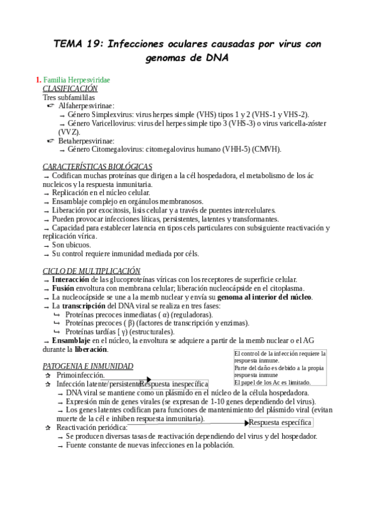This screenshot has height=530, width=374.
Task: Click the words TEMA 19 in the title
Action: pyautogui.click(x=76, y=44)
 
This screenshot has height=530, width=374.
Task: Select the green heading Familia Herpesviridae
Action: pyautogui.click(x=77, y=81)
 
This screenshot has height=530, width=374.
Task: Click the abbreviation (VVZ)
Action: pyautogui.click(x=69, y=132)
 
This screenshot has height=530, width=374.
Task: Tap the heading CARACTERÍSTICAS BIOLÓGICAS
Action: pyautogui.click(x=97, y=167)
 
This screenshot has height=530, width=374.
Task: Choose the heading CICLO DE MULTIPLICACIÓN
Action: pyautogui.click(x=91, y=271)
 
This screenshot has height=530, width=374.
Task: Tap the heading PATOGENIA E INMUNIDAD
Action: pyautogui.click(x=87, y=366)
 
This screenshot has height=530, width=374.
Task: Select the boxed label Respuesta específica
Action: pyautogui.click(x=280, y=422)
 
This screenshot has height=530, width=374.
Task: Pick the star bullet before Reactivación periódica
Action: pyautogui.click(x=47, y=427)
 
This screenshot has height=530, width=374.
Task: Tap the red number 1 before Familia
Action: pyautogui.click(x=38, y=81)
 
